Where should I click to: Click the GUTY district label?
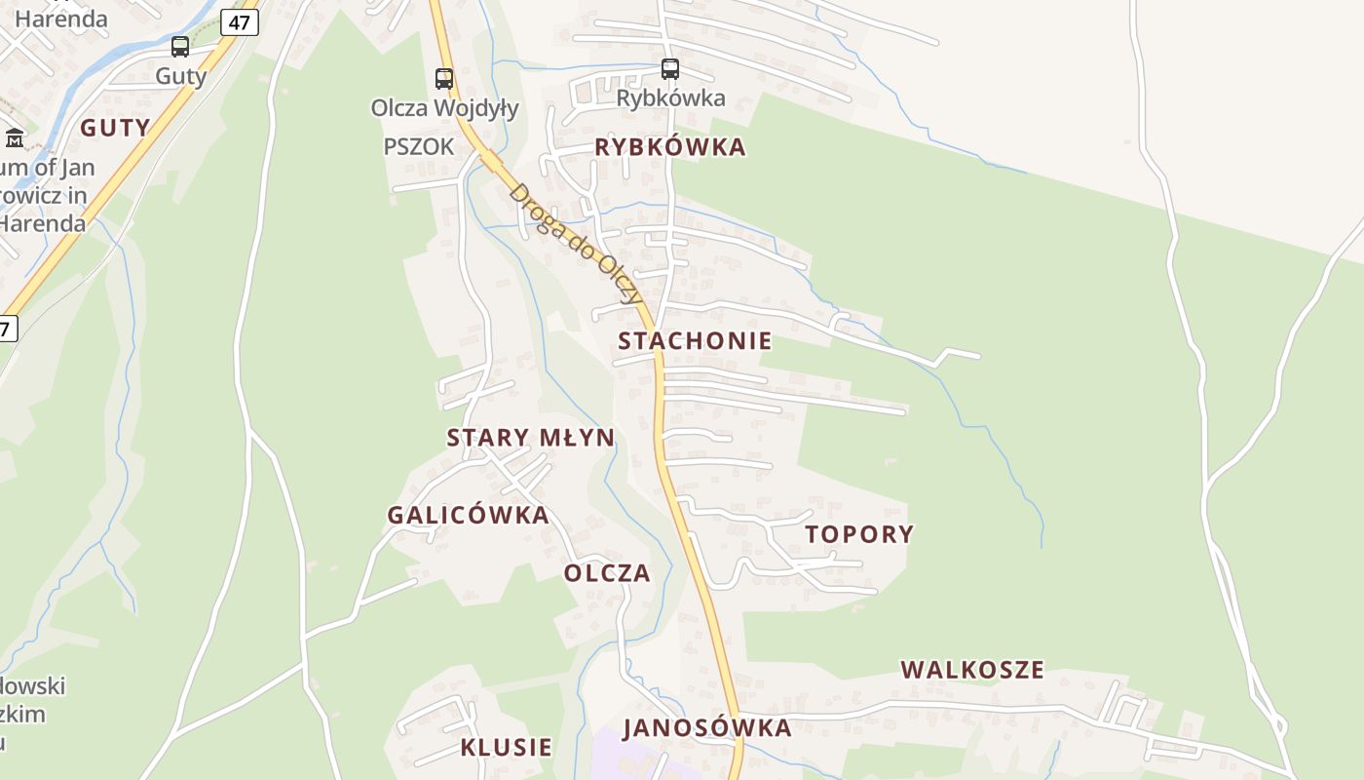tap(115, 127)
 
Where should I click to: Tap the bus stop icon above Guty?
tap(180, 47)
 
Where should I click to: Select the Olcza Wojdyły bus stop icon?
tap(444, 79)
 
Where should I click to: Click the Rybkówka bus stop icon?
tap(670, 69)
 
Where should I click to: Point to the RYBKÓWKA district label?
tap(670, 147)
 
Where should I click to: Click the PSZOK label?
tap(419, 147)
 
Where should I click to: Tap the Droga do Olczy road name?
tap(575, 243)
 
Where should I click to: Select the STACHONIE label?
tap(695, 341)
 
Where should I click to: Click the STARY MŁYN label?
tap(531, 438)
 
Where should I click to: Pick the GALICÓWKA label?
tap(469, 516)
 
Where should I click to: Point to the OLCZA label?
tap(607, 573)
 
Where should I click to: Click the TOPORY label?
tap(859, 534)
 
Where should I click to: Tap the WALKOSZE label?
tap(972, 670)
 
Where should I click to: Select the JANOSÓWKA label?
tap(707, 728)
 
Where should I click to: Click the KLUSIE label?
tap(507, 748)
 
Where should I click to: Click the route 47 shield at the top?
tap(240, 21)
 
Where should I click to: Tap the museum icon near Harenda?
tap(15, 137)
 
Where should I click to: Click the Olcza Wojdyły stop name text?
tap(444, 107)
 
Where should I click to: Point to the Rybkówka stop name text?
tap(670, 98)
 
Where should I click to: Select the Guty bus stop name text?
tap(181, 76)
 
